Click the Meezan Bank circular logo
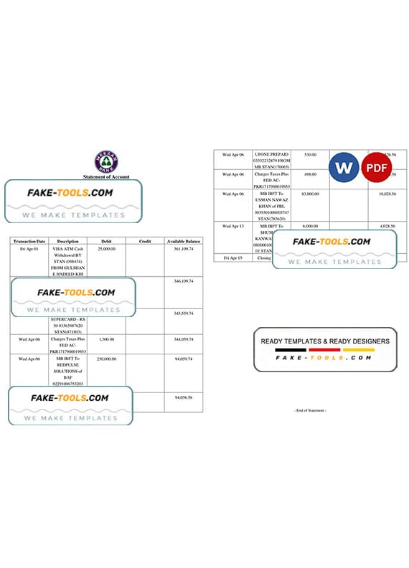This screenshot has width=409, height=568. [x=106, y=161]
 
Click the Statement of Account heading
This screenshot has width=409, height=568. [x=105, y=176]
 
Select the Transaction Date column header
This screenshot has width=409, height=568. [x=30, y=241]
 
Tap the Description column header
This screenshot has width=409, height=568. [x=68, y=241]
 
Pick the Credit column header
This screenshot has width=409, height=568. [x=144, y=241]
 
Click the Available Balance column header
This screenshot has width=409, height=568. [x=183, y=241]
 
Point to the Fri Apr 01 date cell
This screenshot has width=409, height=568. [x=29, y=249]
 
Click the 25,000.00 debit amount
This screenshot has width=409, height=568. [x=106, y=249]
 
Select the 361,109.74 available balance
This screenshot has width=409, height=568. [x=183, y=249]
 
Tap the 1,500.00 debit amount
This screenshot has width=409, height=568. [x=106, y=339]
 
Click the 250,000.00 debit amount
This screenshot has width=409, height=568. [x=106, y=359]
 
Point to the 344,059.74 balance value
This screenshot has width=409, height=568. [x=183, y=339]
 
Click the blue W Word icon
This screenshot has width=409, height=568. [x=344, y=166]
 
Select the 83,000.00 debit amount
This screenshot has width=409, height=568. [x=310, y=194]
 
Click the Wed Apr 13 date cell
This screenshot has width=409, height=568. [x=233, y=225]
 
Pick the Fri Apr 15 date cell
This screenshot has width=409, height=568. [x=232, y=257]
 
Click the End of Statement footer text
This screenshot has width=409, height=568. [x=310, y=410]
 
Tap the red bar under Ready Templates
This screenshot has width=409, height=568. [x=324, y=351]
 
